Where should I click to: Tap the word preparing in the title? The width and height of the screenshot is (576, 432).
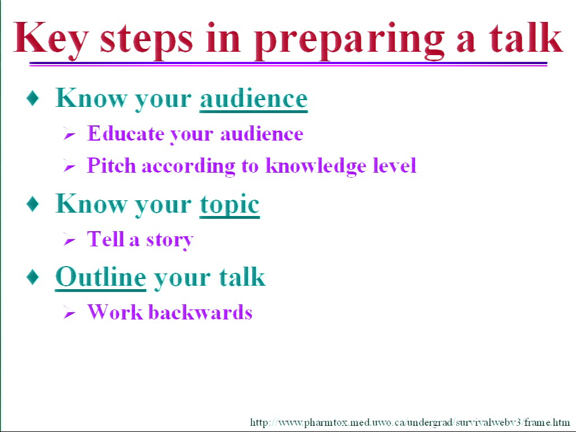349,40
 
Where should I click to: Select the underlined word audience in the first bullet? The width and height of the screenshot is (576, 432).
254,99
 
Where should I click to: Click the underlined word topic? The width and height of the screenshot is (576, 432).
229,205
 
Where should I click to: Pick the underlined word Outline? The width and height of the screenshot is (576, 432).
101,278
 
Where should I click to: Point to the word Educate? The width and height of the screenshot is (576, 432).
125,133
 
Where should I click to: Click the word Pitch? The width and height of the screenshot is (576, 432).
111,166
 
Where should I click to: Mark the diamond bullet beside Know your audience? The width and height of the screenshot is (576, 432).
33,98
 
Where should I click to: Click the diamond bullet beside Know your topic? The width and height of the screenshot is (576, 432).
33,204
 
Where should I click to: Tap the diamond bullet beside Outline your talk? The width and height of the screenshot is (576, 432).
33,277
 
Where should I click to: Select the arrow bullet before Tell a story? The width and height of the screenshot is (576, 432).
69,240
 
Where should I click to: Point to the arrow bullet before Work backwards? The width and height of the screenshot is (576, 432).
69,313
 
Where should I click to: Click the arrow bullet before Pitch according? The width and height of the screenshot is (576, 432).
69,166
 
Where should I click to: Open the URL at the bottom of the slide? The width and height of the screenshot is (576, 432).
409,422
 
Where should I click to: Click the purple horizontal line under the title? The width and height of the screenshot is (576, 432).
289,64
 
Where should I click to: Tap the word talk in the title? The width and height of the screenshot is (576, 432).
526,38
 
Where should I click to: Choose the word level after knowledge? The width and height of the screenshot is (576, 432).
394,166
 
